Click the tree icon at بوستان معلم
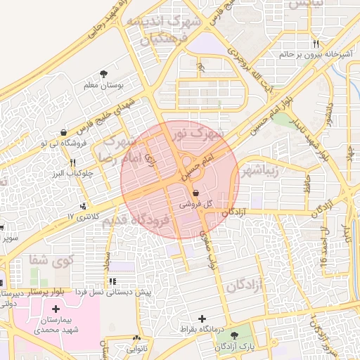[x=105, y=73]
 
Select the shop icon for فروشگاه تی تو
[x=64, y=131]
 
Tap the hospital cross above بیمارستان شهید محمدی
[x=56, y=309]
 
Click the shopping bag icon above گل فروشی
[x=195, y=192]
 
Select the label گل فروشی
[x=191, y=204]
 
